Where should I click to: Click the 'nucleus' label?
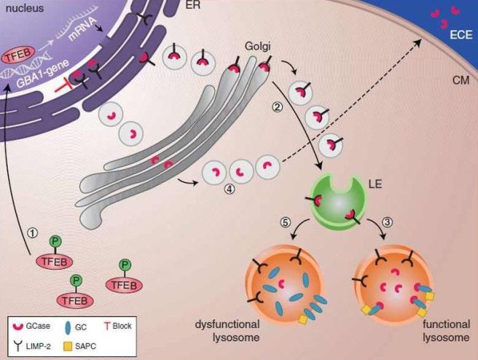23,9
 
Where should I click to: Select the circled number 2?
276,108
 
